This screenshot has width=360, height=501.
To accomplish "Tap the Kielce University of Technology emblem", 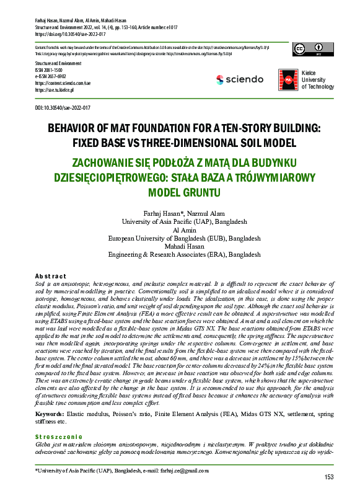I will click(x=288, y=79).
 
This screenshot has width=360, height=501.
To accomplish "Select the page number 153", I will click(x=328, y=476).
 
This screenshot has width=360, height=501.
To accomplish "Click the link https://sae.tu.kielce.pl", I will click(x=55, y=90).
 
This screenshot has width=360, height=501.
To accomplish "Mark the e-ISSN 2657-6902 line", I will click(x=52, y=76).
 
